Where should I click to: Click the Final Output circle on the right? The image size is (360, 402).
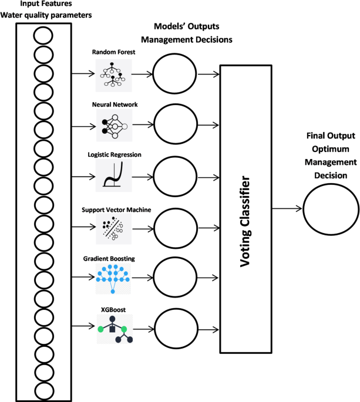point(331,209)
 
